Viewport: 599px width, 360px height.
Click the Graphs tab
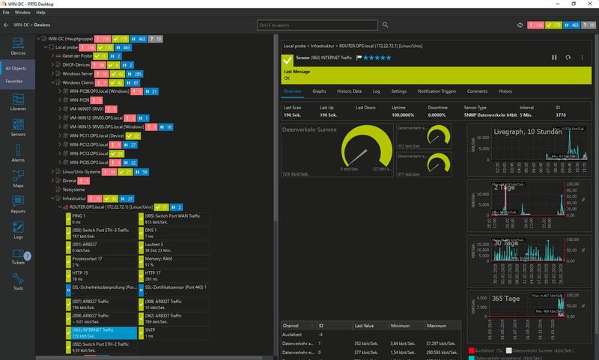click(319, 91)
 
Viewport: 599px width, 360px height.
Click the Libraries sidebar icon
click(18, 104)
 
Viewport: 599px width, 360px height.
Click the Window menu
click(22, 13)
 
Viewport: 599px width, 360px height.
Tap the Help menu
click(40, 13)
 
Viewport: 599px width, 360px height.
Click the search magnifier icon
click(385, 25)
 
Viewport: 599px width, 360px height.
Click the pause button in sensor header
click(554, 57)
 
